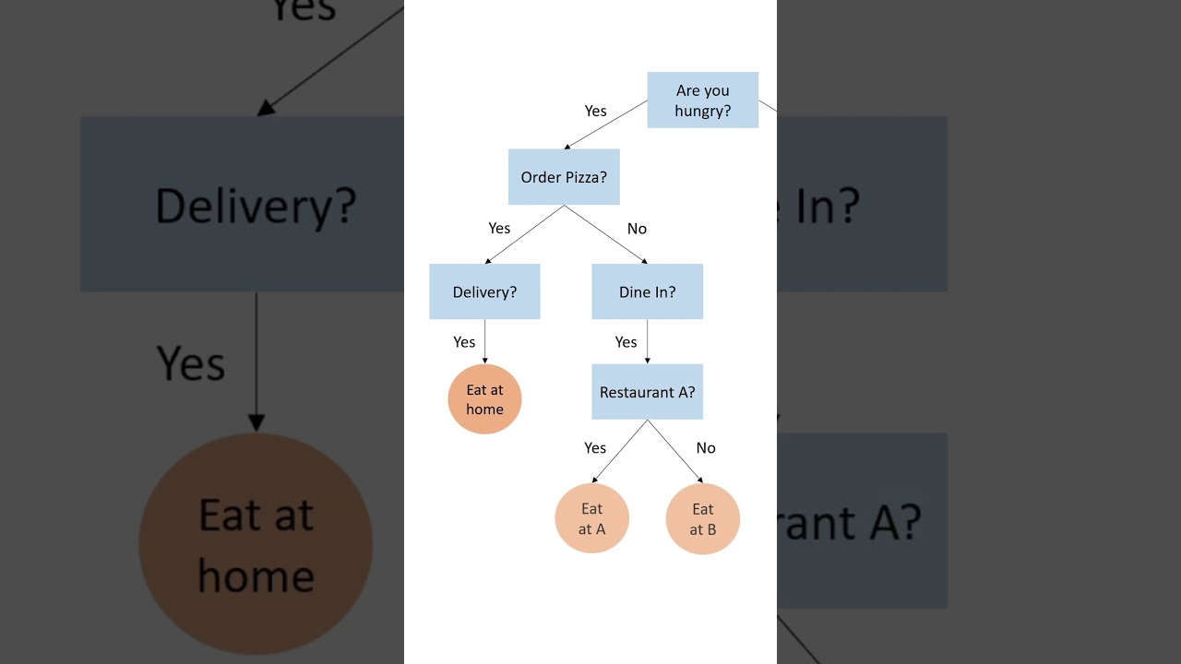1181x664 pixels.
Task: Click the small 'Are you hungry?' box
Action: [702, 100]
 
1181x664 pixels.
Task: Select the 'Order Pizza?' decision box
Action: [564, 177]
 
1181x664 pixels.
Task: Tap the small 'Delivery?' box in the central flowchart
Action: [484, 291]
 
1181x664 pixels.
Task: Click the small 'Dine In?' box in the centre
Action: [647, 291]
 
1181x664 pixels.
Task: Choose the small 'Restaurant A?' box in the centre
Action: [647, 392]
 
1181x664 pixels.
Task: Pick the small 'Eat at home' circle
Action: [484, 399]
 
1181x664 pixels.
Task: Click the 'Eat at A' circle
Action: [591, 518]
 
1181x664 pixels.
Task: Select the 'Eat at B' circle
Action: [702, 518]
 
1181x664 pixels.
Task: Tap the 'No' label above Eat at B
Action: [706, 448]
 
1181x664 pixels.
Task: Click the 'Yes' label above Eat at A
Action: [595, 448]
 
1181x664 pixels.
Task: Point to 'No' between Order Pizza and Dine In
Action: [637, 229]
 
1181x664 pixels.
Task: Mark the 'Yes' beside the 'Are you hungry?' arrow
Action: [595, 112]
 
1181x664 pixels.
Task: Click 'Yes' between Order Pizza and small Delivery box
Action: [499, 229]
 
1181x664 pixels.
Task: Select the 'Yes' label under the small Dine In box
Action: [626, 343]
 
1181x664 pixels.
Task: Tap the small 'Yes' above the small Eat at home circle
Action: [464, 343]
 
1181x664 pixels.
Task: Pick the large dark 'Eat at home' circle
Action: [256, 544]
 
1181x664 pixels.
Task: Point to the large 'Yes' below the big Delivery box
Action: [190, 362]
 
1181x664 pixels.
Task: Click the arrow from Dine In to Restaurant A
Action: [647, 342]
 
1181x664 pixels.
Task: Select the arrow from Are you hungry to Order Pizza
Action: [606, 125]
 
